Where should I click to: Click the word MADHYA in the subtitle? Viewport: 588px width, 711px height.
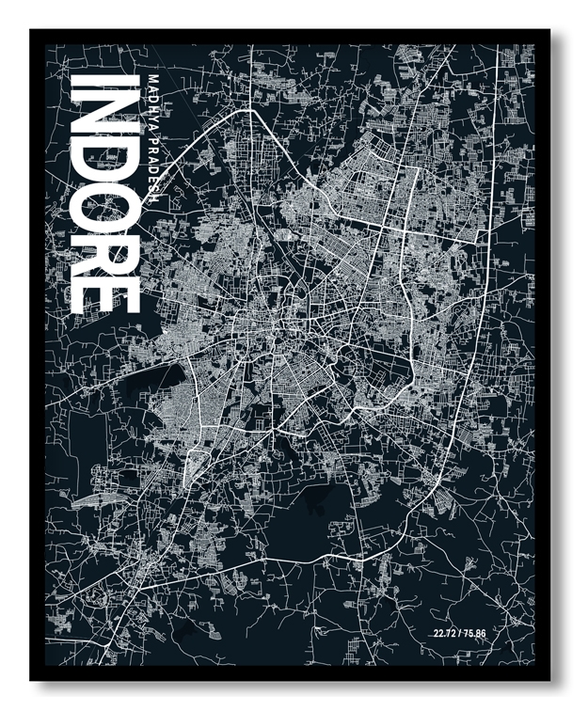click(x=152, y=103)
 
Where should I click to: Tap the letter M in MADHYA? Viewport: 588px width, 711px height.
click(x=152, y=78)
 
